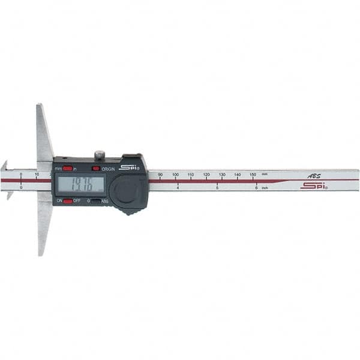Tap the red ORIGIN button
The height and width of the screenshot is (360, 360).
click(95, 169)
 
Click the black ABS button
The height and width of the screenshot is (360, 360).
click(95, 201)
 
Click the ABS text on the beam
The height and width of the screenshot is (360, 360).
click(314, 176)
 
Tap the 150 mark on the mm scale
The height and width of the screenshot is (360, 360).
click(253, 175)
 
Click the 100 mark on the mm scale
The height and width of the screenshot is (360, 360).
click(175, 175)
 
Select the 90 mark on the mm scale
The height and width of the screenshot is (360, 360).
click(160, 175)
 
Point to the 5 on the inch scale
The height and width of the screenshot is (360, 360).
click(217, 188)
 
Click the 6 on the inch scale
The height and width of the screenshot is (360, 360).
click(256, 188)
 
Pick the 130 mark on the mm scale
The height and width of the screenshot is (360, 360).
click(222, 175)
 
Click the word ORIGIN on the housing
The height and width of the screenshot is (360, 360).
click(109, 169)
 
